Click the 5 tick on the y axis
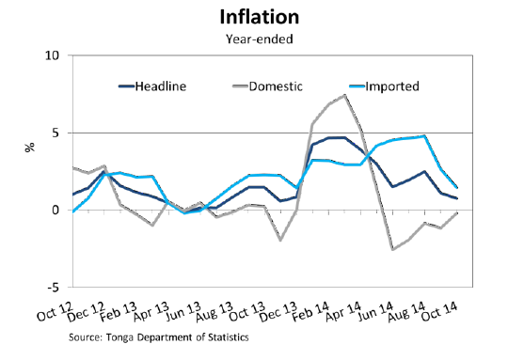coord(56,133)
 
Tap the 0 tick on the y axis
coord(56,210)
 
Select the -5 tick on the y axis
coord(53,287)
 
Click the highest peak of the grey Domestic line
coord(345,95)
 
